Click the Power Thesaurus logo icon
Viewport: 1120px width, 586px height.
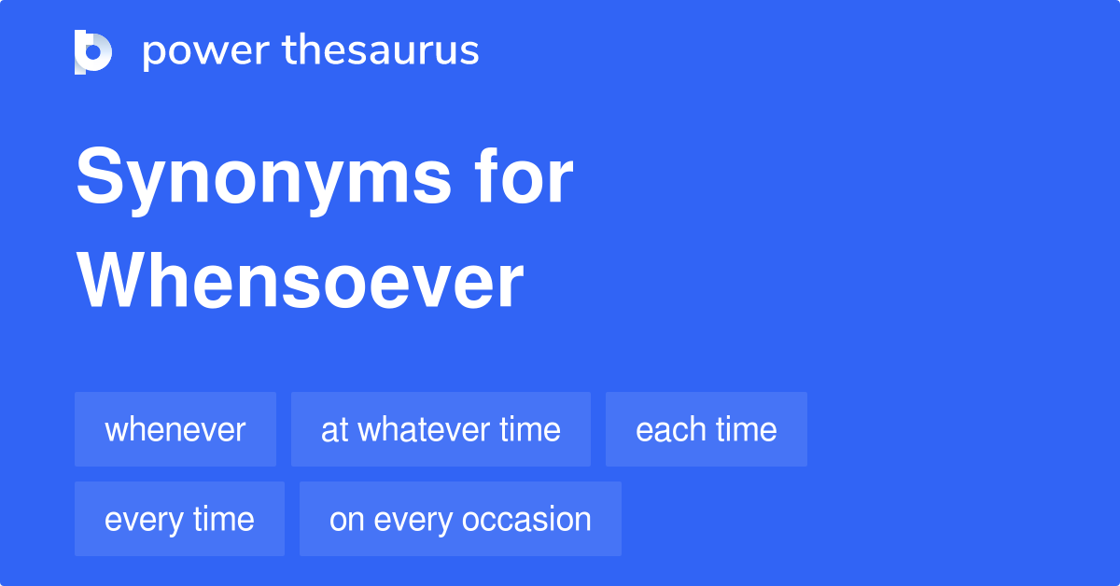click(x=93, y=51)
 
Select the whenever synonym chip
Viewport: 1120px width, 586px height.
click(x=175, y=429)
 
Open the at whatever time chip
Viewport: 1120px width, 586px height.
click(x=441, y=429)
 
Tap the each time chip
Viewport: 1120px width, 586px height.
click(x=707, y=429)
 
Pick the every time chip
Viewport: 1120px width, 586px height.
click(x=179, y=519)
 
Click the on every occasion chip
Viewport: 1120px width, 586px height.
click(x=460, y=519)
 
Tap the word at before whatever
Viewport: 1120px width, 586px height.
click(x=334, y=429)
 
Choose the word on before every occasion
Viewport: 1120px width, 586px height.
click(x=346, y=519)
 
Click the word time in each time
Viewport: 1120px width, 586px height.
click(x=746, y=429)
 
